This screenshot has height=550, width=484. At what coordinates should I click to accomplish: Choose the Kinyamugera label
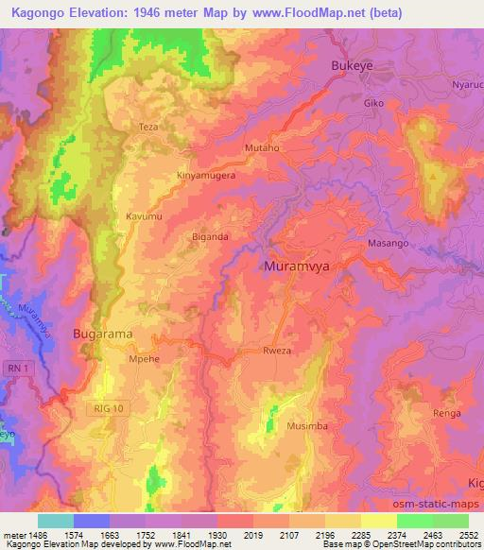(206, 176)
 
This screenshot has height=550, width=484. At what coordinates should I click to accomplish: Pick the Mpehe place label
(143, 359)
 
